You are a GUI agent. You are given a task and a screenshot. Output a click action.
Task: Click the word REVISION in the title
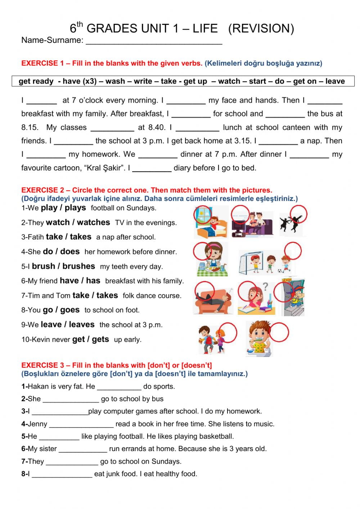(x=261, y=28)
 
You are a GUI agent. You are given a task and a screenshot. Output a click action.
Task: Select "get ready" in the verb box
(x=36, y=81)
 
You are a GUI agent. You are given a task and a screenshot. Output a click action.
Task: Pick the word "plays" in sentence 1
(x=75, y=208)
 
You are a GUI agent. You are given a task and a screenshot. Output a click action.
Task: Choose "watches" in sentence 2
(x=93, y=223)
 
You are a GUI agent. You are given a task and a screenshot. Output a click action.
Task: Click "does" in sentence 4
(x=70, y=252)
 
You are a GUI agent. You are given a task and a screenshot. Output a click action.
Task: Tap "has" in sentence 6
(x=93, y=281)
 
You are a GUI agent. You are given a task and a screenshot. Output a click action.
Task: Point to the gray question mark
(x=265, y=286)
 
